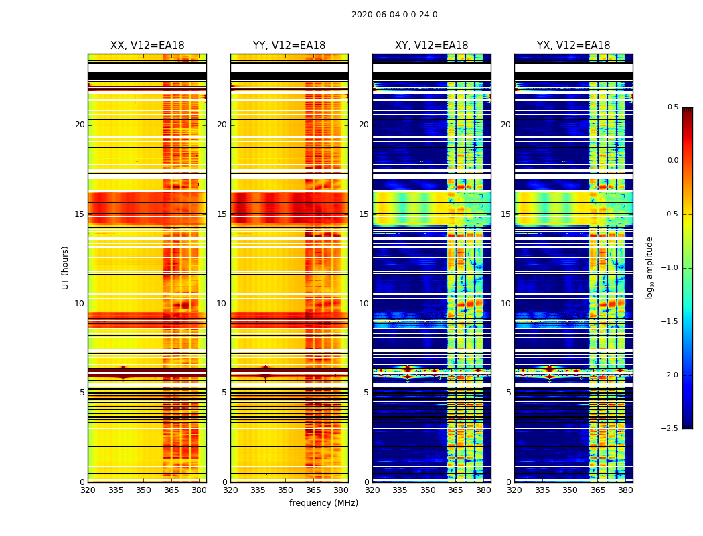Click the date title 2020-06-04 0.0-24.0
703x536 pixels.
coord(394,15)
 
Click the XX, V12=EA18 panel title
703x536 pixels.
coord(147,46)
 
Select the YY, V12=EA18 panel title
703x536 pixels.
coord(289,46)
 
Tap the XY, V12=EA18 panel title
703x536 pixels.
coord(431,46)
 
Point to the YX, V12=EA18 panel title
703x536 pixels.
coord(573,46)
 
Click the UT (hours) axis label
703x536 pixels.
coord(65,267)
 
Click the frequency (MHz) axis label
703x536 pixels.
coord(323,503)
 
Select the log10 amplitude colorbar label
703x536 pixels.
coord(649,268)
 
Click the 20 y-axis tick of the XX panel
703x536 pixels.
coord(80,125)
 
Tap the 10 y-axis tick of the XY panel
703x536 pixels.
coord(364,304)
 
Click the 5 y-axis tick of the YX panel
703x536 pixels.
coord(508,393)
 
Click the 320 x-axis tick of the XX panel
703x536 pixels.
coord(88,490)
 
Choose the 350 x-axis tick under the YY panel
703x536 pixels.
coord(286,490)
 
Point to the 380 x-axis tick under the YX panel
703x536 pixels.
coord(625,490)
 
